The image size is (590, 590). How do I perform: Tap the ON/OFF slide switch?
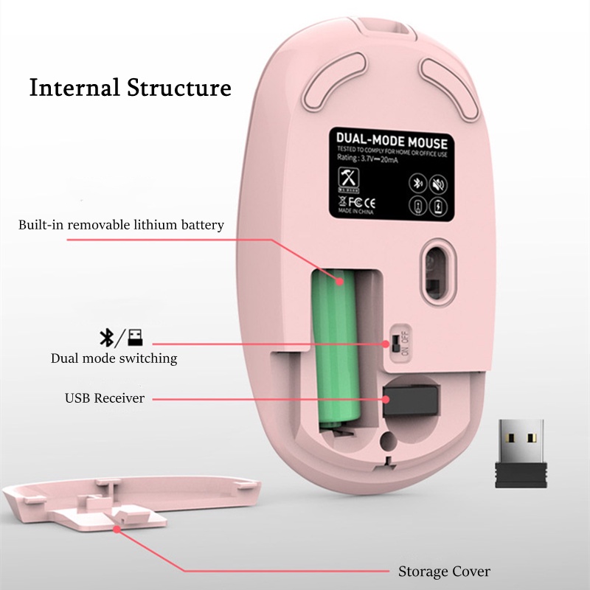click(395, 343)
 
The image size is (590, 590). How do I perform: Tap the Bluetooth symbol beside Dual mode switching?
click(106, 338)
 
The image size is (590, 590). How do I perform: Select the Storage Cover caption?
click(444, 571)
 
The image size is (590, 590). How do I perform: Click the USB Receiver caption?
click(104, 398)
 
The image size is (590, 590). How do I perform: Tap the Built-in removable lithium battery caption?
click(121, 224)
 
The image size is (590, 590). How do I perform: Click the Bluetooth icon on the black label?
click(417, 184)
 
